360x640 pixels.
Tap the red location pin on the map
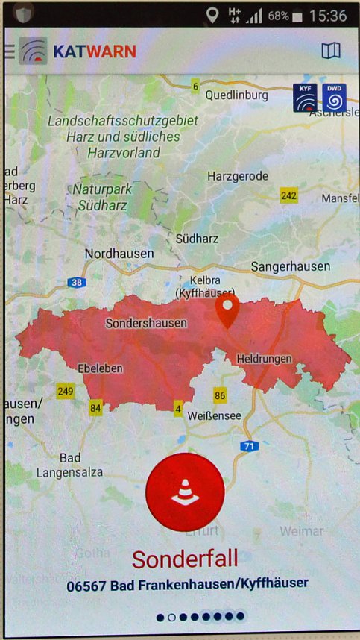coord(227,310)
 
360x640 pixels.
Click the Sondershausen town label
coord(146,324)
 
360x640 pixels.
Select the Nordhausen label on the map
coord(119,254)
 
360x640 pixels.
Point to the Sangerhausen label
coord(289,266)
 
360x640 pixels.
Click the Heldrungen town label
coord(264,359)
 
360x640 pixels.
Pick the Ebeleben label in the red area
coord(100,368)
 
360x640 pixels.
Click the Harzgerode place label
coord(237,177)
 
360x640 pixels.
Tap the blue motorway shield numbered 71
coord(249,445)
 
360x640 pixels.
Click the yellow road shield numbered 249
coord(66,390)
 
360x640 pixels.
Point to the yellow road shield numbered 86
coord(219,395)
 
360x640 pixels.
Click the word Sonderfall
coord(185,558)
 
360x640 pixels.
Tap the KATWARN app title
coord(95,51)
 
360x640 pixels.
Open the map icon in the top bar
coord(330,51)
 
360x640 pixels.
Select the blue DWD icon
coord(334,98)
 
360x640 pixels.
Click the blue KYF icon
coord(305,98)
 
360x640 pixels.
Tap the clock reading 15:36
coord(328,15)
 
